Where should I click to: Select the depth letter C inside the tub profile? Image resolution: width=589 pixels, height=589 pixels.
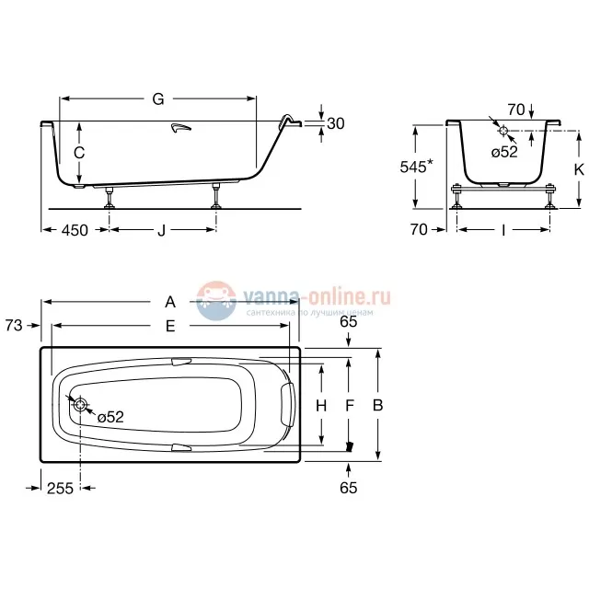(x=80, y=152)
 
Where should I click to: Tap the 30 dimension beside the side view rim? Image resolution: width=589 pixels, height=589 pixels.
(x=336, y=124)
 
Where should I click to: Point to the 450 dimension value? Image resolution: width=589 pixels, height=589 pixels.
(x=75, y=230)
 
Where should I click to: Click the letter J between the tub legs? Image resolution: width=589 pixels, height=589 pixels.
(x=161, y=230)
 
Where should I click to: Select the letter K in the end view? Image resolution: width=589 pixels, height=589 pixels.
(x=579, y=169)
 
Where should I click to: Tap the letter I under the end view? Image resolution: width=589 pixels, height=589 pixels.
(x=502, y=230)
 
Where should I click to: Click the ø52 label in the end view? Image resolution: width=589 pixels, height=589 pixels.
(x=503, y=152)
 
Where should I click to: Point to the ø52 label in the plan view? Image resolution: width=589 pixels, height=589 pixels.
(x=110, y=417)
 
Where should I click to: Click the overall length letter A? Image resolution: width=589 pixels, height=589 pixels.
(x=169, y=301)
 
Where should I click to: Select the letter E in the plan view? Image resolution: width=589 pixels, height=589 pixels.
(x=169, y=325)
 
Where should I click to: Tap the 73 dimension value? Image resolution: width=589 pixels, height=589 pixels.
(x=14, y=324)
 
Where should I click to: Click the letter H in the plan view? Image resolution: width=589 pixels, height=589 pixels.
(x=321, y=406)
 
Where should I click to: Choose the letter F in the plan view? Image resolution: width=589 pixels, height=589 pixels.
(x=349, y=406)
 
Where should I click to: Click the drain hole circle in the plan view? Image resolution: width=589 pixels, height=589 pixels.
(x=81, y=406)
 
